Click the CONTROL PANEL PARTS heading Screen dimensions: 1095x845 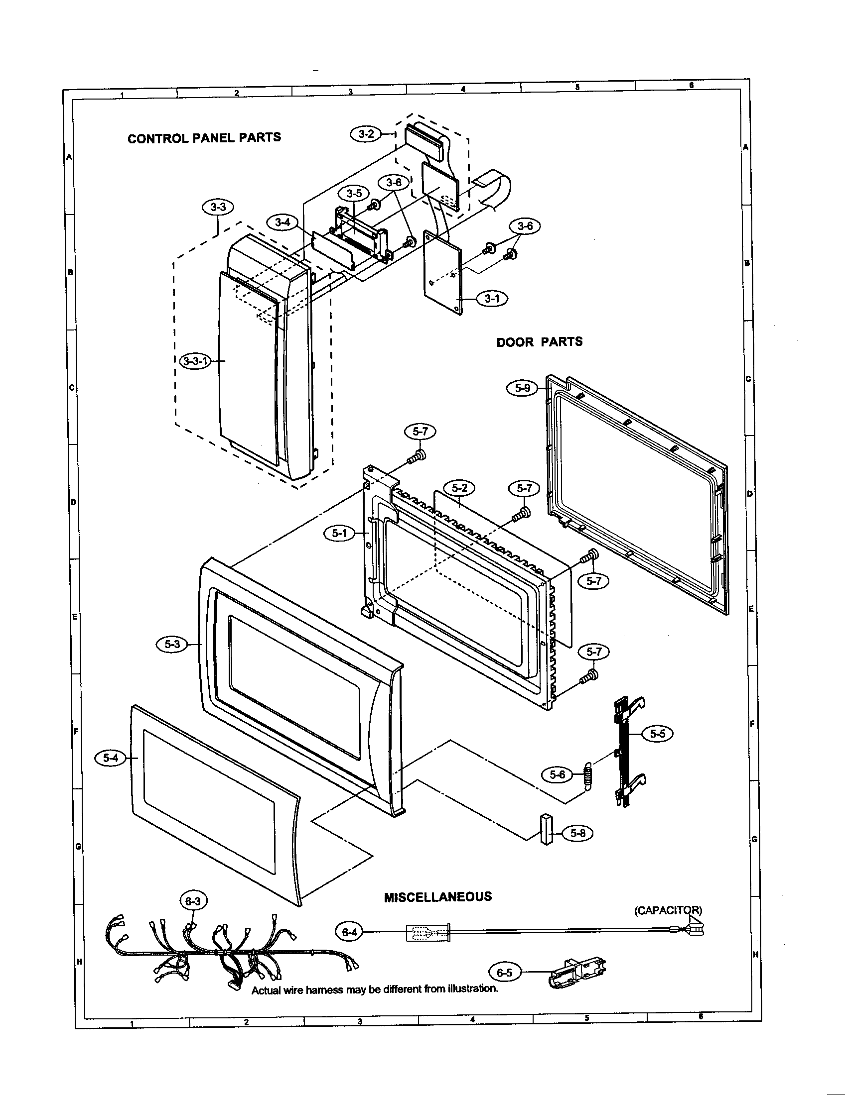coord(204,138)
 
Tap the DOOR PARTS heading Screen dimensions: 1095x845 coord(540,342)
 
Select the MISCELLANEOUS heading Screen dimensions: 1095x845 coord(437,897)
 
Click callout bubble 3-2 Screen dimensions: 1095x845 coord(366,134)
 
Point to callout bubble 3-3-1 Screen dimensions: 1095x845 coord(195,361)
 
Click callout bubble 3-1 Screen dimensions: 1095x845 coord(492,299)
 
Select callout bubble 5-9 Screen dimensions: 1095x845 coord(522,388)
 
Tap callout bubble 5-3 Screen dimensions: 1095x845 coord(172,645)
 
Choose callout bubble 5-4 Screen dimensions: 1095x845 coord(111,759)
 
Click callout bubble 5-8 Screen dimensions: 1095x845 coord(577,833)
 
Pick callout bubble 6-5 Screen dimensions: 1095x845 coord(504,973)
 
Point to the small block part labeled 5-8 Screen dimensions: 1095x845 coord(546,830)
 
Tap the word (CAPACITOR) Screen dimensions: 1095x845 coord(668,910)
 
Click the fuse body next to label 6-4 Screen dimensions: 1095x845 coord(427,933)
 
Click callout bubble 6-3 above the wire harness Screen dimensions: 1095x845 coord(193,901)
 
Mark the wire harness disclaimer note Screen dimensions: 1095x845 coord(374,989)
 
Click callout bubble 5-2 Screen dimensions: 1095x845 coord(460,487)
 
